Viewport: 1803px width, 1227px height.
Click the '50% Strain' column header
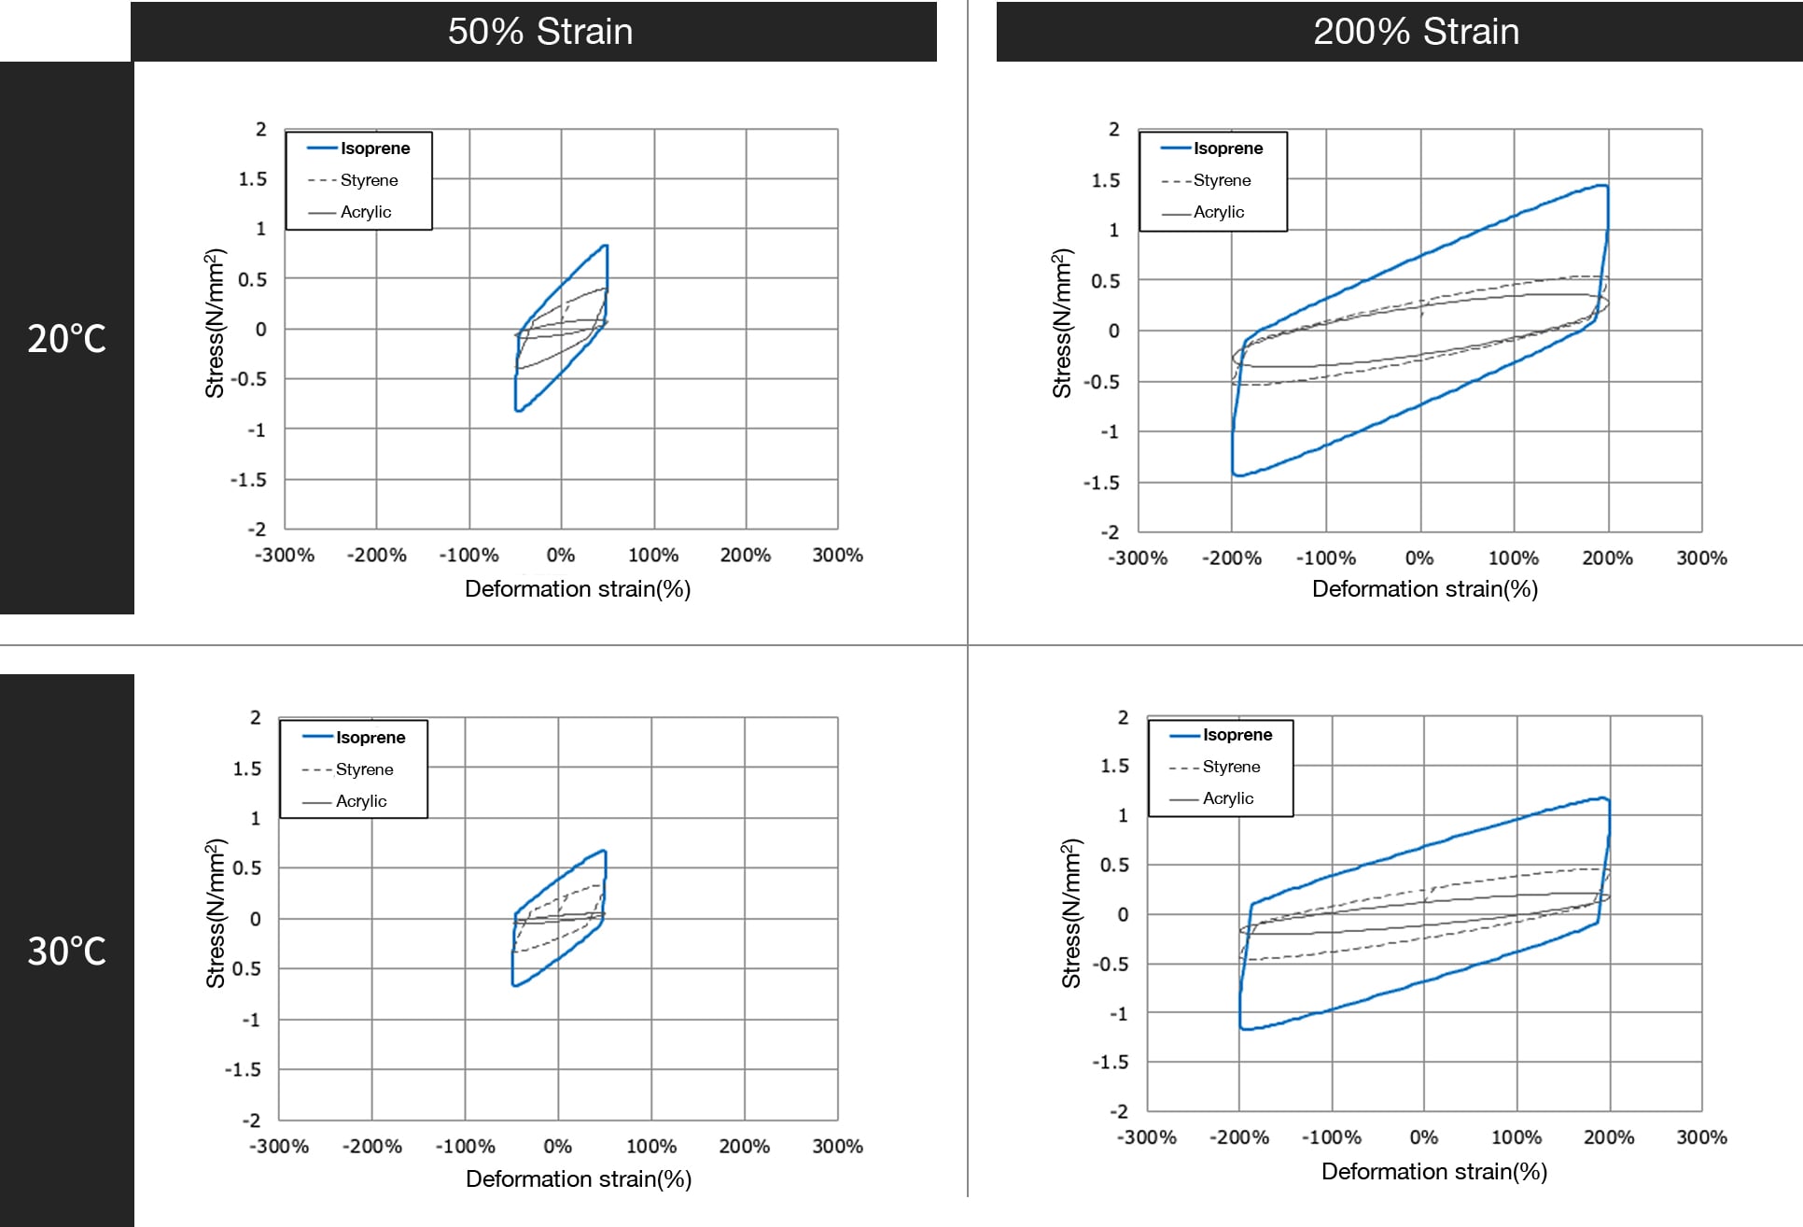(540, 32)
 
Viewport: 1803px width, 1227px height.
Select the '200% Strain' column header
(1416, 32)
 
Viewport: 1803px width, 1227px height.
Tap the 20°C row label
(66, 338)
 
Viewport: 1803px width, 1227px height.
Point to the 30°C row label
(66, 951)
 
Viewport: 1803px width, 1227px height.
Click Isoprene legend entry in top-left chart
(374, 148)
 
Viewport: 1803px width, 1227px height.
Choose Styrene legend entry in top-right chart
(1222, 180)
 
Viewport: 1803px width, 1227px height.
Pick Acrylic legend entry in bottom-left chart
(360, 801)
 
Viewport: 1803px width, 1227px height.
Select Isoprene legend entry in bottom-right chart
(1237, 735)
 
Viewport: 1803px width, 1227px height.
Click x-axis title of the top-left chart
(578, 589)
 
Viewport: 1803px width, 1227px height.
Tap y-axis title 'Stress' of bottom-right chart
(1071, 913)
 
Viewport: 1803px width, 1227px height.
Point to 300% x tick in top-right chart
(1701, 558)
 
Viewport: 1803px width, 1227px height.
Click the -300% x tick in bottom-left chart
(279, 1147)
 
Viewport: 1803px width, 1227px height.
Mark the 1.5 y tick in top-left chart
(252, 179)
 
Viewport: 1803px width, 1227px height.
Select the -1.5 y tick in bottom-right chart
(1110, 1063)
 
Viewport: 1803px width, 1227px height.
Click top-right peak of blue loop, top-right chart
(1605, 186)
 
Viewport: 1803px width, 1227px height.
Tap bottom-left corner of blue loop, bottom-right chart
(1242, 1028)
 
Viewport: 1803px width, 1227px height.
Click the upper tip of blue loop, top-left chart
(607, 246)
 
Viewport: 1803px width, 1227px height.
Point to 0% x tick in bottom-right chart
(1423, 1137)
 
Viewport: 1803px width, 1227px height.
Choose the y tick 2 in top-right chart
(1113, 129)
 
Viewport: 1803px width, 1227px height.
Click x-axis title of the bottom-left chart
(579, 1179)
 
